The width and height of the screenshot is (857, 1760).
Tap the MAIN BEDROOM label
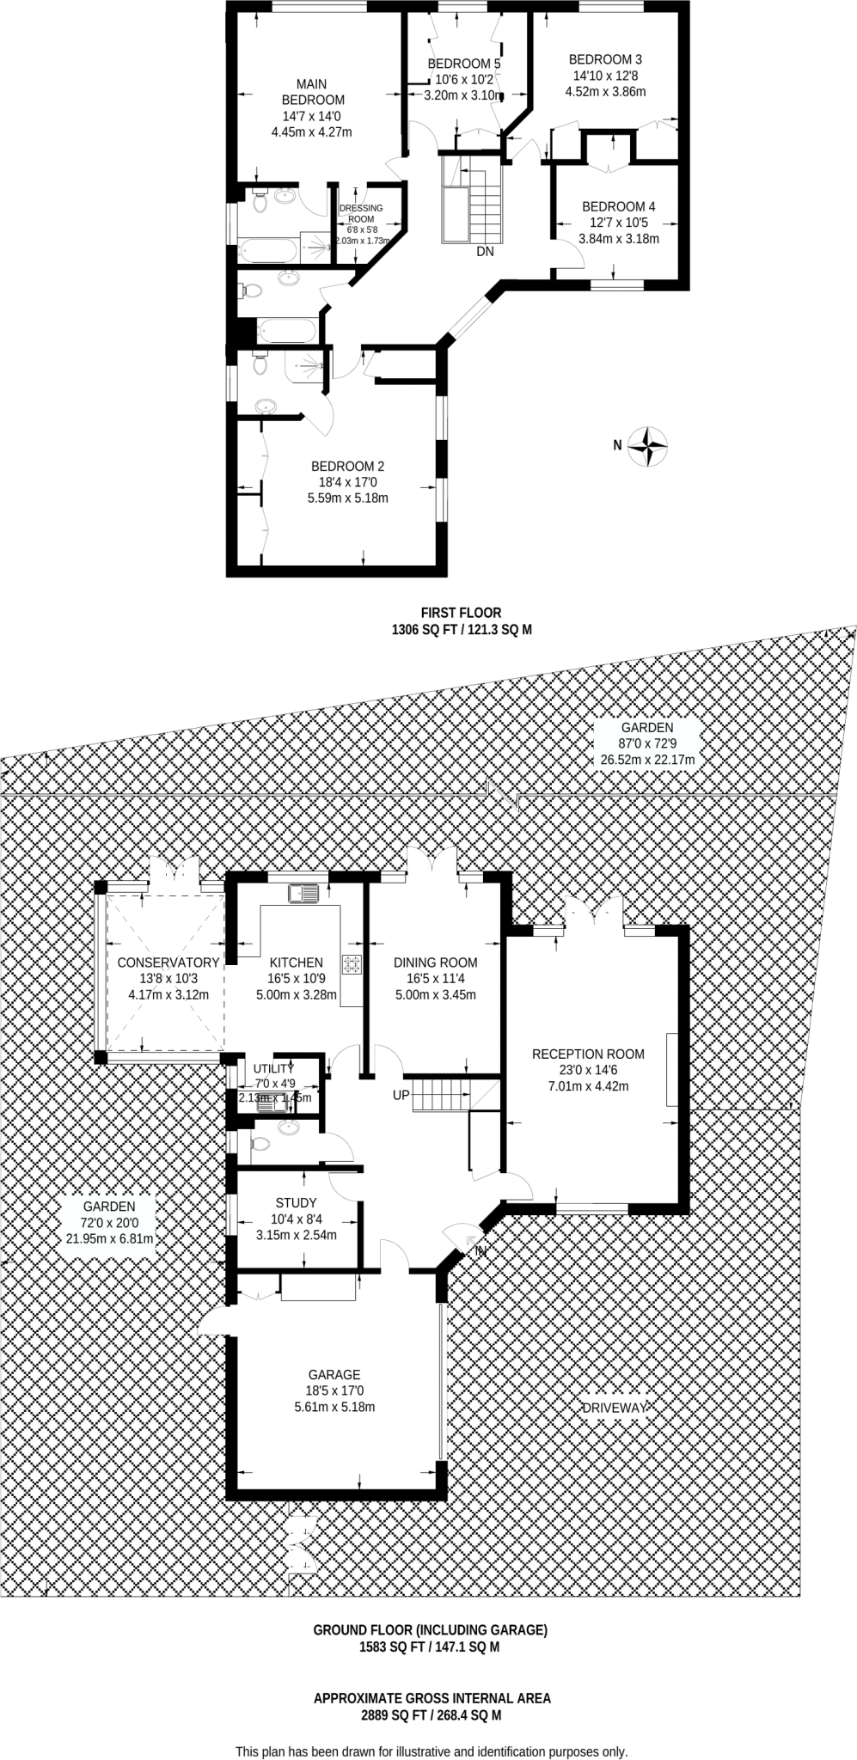311,92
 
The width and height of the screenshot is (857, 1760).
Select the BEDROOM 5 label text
463,64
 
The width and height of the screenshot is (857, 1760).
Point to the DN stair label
485,252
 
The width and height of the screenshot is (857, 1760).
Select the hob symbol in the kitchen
352,964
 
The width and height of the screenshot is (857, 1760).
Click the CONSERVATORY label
168,962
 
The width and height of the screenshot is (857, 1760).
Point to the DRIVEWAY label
613,1408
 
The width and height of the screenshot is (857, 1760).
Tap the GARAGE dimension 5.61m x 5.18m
334,1407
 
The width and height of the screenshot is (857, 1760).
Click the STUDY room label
296,1202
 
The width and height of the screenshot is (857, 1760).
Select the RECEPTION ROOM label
588,1054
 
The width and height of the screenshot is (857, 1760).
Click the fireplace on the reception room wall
671,1069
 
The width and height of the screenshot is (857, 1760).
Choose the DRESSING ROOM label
361,213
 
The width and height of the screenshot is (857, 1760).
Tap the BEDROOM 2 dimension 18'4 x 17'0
347,482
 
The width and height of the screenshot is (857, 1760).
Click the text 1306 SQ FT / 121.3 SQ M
462,629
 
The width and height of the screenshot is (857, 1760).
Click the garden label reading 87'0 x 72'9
648,743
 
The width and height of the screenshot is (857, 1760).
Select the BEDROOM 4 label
618,206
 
